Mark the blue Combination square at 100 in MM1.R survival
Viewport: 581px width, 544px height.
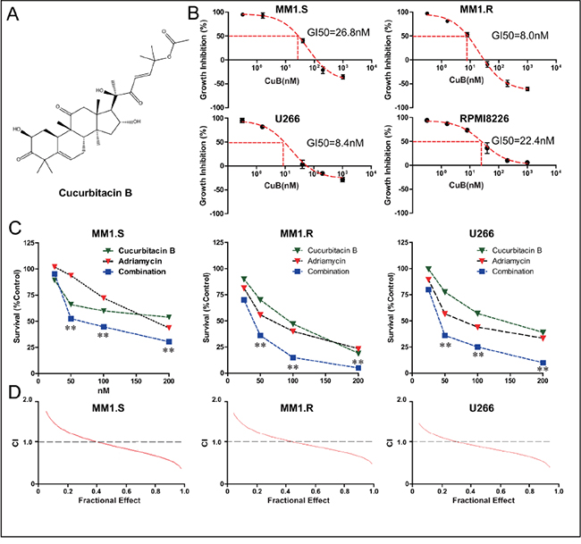click(x=292, y=357)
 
